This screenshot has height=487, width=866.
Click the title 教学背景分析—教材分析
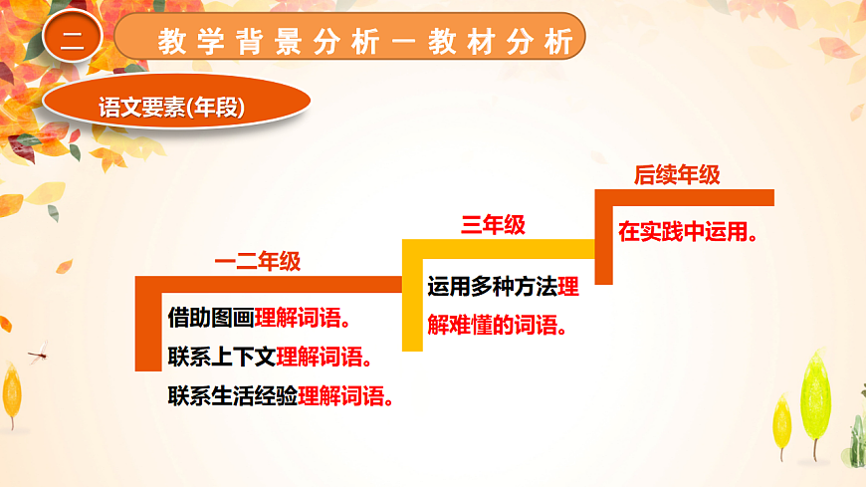[364, 42]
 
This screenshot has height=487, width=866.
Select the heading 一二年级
[258, 262]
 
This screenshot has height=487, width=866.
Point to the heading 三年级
[493, 225]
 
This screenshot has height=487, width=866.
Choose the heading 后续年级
[677, 175]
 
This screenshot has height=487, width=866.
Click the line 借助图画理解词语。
[259, 319]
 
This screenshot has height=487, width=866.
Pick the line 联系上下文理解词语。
[271, 358]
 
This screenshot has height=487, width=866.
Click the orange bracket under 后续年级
[603, 234]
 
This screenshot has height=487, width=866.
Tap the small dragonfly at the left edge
[38, 352]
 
